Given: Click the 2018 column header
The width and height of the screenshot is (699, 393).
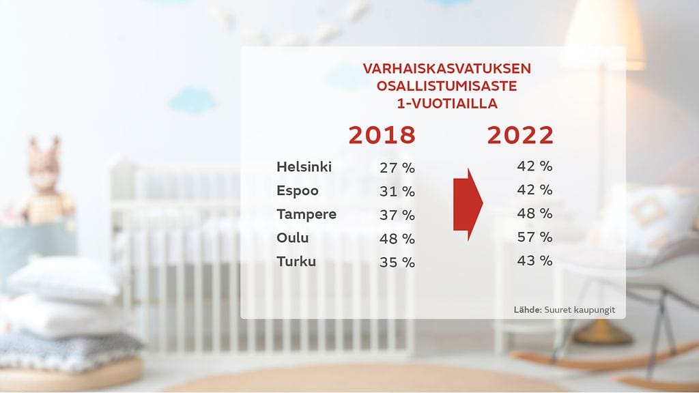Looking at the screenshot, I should point(382,135).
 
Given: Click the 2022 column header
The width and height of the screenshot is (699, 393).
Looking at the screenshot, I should point(520,135).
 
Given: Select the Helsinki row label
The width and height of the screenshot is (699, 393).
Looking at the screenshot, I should point(304,167).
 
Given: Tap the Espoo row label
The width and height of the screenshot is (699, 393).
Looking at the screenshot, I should point(298,191).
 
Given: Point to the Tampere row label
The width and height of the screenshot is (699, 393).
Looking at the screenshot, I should point(306,214).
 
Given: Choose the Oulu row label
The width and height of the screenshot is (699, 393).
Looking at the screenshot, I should point(293,238).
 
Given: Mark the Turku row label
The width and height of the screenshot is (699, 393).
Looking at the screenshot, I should point(296,261).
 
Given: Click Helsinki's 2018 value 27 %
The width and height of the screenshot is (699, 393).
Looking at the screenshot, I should point(397,168).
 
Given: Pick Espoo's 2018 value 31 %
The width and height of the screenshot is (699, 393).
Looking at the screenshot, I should point(397,192).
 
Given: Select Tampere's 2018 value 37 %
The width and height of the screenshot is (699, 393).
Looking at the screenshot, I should point(397,215).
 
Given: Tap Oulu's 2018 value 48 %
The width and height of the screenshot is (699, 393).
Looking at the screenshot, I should point(397,239).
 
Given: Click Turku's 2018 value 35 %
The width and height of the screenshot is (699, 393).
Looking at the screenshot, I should point(397,262).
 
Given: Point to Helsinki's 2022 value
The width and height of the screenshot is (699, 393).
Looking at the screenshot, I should point(534,166).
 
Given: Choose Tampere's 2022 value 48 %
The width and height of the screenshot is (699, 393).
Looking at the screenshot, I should point(534,213).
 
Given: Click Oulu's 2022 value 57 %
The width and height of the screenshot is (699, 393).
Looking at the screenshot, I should point(534,237).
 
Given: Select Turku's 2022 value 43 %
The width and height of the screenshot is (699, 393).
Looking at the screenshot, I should point(534,260).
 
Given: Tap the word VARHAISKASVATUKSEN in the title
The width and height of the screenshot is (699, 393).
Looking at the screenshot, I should point(446,69).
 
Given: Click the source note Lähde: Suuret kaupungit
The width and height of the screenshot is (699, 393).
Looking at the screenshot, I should point(565,310).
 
